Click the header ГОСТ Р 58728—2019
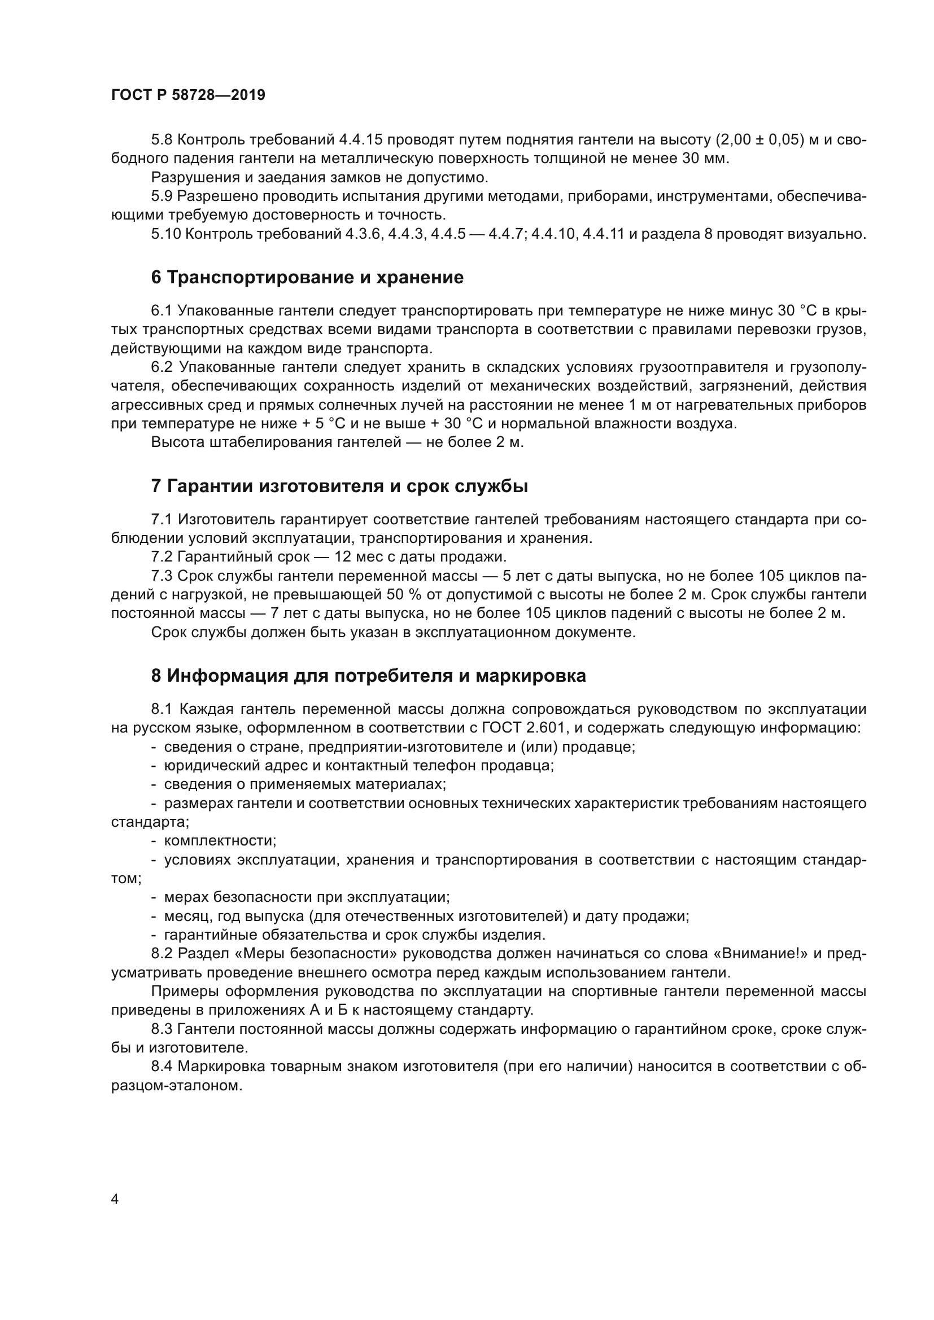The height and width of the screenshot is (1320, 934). pos(188,95)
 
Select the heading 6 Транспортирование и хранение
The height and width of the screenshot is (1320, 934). pos(307,278)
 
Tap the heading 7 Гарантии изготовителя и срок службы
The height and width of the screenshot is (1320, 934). pos(339,486)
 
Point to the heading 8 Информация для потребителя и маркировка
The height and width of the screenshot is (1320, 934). pos(368,676)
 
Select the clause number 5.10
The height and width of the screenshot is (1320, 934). pos(166,235)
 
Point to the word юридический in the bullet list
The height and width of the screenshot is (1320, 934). pos(210,766)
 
